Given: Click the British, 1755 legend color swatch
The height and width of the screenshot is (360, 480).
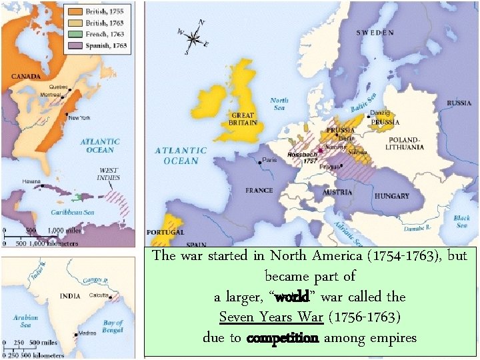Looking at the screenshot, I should tap(74, 12).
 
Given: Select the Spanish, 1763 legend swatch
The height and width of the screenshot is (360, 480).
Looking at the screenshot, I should tap(74, 47).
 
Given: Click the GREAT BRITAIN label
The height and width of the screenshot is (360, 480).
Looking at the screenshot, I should tap(243, 118).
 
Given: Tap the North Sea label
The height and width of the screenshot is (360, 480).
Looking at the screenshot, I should tap(279, 104).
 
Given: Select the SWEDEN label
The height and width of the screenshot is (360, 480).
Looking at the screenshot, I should tap(375, 31).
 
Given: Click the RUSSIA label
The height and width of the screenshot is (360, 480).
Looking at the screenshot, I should tap(458, 103).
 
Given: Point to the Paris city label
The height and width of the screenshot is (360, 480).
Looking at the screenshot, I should tap(270, 160).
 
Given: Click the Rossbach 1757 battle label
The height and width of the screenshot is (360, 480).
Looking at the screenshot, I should tap(301, 157).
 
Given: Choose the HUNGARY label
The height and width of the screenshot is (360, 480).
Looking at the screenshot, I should tap(391, 196).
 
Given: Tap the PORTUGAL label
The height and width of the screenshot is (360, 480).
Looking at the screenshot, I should tap(164, 232).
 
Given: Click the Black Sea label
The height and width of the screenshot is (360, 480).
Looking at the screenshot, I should tap(461, 221).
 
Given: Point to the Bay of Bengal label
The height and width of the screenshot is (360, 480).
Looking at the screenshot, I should tap(113, 327).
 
